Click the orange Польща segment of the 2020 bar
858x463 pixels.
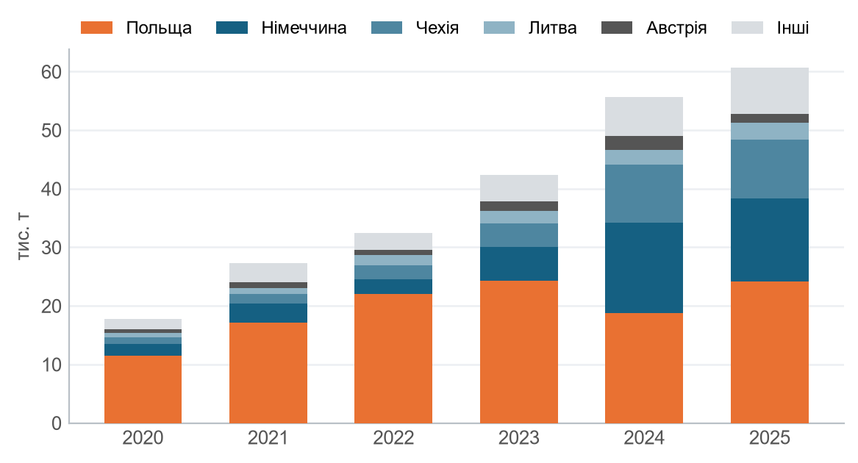[143, 389]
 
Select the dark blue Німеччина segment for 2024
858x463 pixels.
[644, 268]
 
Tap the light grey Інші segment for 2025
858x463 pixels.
[769, 91]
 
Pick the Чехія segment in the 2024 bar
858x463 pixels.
[644, 194]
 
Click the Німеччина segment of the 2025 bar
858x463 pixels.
[769, 240]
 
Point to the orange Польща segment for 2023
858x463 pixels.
[519, 352]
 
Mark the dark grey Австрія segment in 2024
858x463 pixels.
[644, 143]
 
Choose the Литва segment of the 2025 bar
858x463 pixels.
[769, 132]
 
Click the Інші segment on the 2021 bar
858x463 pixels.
[268, 273]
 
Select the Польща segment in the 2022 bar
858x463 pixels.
[393, 359]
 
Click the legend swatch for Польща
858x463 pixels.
[97, 27]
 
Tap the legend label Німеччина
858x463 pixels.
[304, 28]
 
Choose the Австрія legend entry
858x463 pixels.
[654, 28]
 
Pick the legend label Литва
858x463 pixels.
[553, 28]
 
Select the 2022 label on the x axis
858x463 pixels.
[393, 438]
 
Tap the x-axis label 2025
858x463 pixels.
[769, 438]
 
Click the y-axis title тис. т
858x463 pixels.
[24, 236]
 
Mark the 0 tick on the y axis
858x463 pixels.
[56, 423]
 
